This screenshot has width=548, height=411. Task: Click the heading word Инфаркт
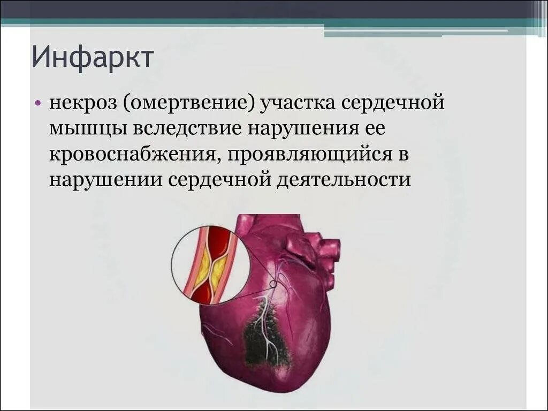(93, 57)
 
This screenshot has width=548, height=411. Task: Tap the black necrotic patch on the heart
(265, 334)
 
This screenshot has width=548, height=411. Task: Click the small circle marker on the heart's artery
(274, 284)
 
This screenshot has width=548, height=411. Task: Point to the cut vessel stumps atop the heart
(313, 249)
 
